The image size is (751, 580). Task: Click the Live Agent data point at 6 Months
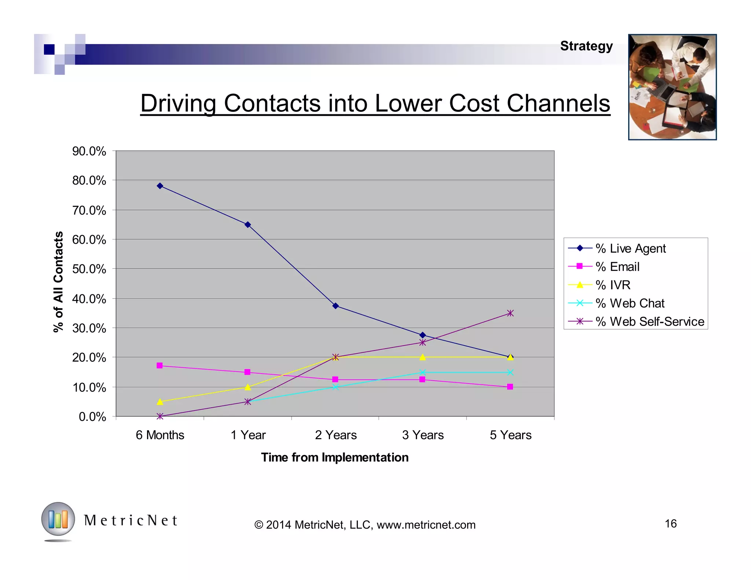tap(160, 186)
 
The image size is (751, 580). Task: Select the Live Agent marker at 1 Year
tap(248, 224)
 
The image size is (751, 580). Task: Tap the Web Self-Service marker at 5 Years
tap(510, 313)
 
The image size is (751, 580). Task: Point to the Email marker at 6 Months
tap(160, 366)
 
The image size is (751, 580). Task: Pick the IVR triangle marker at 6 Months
tap(160, 402)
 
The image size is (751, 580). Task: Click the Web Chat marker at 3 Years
tap(422, 372)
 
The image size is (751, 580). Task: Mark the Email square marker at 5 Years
tap(510, 387)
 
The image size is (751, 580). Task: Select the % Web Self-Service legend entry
tap(649, 322)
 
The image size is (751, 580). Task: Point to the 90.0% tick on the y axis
tap(89, 151)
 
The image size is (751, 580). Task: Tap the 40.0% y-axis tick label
tap(89, 299)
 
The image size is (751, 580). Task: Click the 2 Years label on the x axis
tap(336, 435)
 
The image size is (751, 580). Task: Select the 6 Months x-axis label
tap(160, 435)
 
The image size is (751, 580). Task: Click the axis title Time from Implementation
tap(334, 457)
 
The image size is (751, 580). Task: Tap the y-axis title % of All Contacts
tap(59, 282)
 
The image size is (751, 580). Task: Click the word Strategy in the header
tap(586, 46)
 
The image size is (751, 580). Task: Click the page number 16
tap(670, 523)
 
